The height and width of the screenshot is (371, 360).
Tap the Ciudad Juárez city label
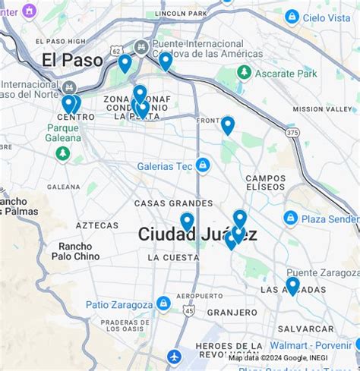point(197,234)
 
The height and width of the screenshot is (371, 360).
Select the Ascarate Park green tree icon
point(244,73)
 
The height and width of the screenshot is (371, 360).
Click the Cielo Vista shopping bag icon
point(292,17)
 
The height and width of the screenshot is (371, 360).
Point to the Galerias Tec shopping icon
point(202,165)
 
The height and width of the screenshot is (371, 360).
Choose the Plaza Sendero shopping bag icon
point(290,219)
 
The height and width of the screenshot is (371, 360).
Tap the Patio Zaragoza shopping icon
point(163,304)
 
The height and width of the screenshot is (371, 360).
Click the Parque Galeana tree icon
point(63,154)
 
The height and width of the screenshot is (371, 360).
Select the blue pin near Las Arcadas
point(292,285)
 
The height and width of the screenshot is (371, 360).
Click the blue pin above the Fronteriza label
point(228,124)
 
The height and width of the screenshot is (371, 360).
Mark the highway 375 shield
point(292,133)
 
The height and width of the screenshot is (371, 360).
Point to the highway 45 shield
point(188,311)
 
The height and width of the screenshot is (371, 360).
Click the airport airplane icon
point(175,356)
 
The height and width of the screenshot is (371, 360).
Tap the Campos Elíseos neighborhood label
point(265,183)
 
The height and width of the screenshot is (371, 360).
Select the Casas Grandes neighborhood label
point(173,203)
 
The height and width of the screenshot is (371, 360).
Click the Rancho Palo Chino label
point(75,251)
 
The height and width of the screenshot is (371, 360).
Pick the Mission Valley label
point(322,109)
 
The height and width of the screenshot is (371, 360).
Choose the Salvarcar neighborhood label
point(305,329)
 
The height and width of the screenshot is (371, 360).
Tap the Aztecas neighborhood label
point(97,225)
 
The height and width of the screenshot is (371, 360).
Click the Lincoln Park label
point(180,14)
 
